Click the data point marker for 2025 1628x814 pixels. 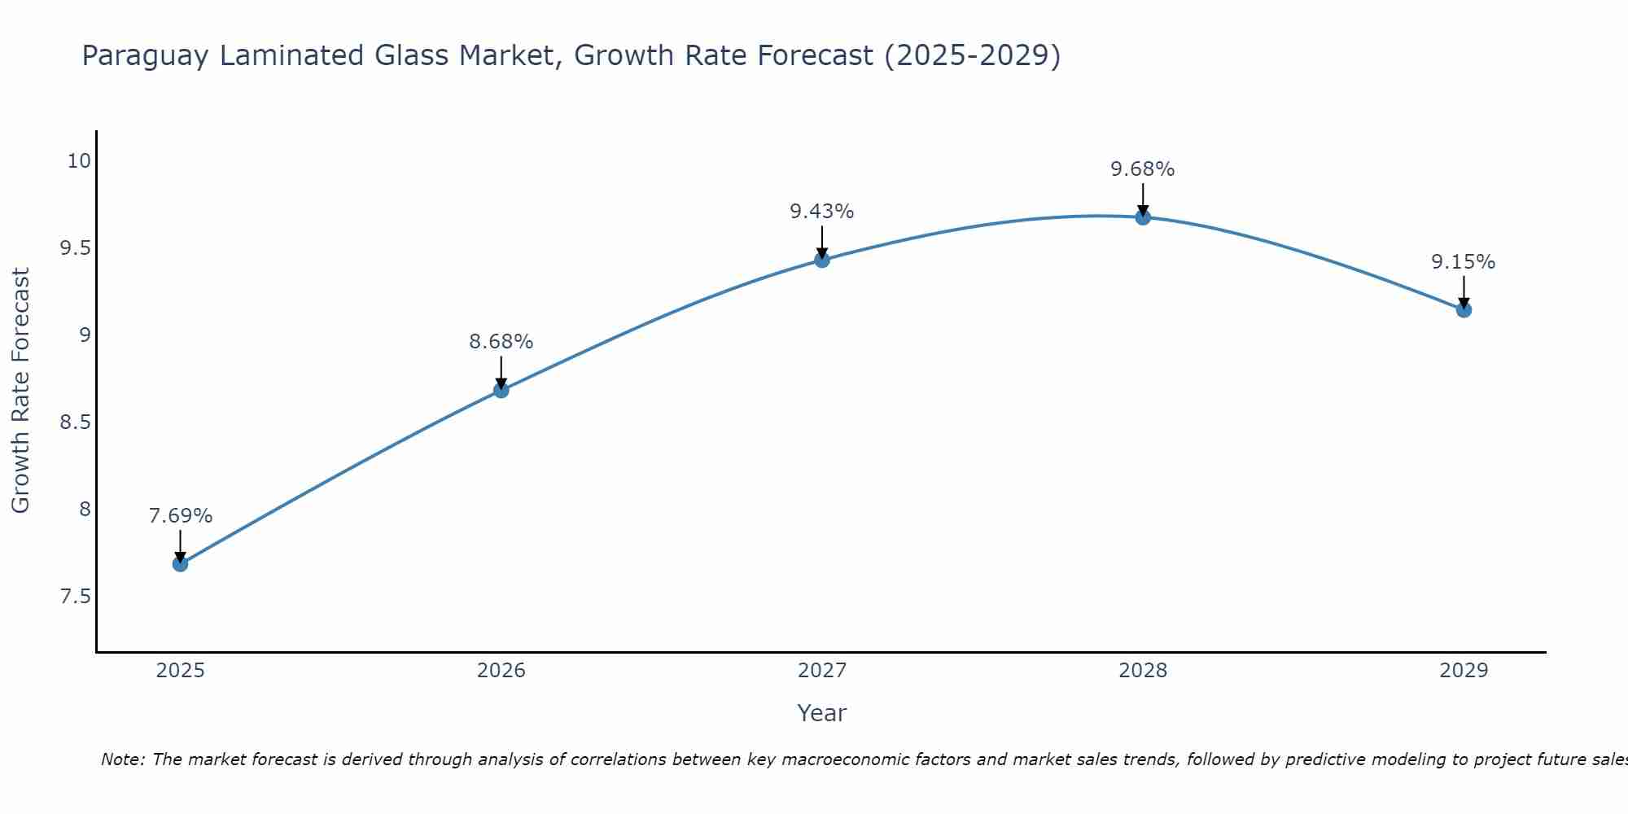pos(181,563)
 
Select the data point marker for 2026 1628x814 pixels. pos(501,391)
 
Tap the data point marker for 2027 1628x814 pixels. pos(822,260)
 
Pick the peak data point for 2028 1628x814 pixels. pos(1143,217)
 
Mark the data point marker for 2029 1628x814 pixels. pos(1464,309)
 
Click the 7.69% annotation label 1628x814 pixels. pos(181,516)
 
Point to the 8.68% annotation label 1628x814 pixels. pos(501,342)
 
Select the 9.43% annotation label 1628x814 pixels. pos(822,212)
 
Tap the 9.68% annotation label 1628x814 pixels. pos(1143,169)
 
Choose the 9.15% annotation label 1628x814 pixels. pos(1464,262)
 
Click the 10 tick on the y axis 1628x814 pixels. pos(79,161)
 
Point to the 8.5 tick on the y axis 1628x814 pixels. pos(75,422)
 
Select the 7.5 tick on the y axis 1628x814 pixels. pos(75,597)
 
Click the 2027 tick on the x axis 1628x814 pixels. pos(822,671)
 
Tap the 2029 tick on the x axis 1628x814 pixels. pos(1464,671)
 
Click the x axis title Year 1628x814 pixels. pos(822,713)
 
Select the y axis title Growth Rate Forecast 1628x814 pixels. pos(20,391)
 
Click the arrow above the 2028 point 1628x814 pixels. pos(1143,199)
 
